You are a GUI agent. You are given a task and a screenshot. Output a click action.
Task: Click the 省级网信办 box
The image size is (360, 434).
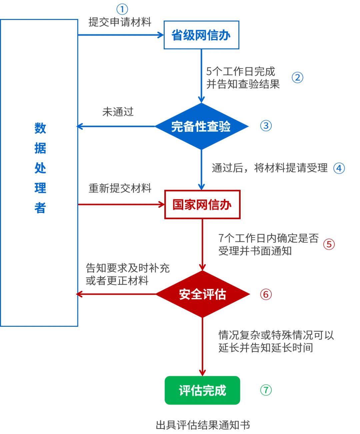click(201, 35)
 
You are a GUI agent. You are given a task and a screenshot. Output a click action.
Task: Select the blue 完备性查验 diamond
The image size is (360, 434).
click(201, 126)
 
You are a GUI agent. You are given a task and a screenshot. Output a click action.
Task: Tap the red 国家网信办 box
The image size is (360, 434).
click(202, 205)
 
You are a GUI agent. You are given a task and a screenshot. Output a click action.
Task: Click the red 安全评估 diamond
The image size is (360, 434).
click(202, 294)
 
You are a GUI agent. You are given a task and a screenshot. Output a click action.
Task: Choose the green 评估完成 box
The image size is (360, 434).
click(202, 390)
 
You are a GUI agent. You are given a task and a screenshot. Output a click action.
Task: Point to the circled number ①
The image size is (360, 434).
click(122, 9)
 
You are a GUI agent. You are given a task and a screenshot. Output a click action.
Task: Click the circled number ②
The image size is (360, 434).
click(297, 78)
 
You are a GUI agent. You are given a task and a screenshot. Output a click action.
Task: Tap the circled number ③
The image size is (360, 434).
click(266, 126)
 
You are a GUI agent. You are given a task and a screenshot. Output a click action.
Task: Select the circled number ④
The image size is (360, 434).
click(339, 168)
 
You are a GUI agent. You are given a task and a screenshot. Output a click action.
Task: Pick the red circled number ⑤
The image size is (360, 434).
click(329, 244)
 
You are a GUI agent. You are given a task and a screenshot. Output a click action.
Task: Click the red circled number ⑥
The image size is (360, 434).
click(266, 294)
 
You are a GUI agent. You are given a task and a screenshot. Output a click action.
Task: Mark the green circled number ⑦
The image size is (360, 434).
click(266, 390)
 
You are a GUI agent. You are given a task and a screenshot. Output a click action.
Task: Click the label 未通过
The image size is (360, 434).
click(118, 112)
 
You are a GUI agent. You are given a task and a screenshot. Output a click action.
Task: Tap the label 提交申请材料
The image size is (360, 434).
click(120, 22)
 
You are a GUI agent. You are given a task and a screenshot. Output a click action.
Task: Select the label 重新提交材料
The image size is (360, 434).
click(120, 189)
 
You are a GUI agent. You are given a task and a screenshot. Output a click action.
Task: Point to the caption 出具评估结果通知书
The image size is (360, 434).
click(203, 425)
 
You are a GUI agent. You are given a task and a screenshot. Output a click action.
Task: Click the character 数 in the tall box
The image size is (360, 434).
click(40, 128)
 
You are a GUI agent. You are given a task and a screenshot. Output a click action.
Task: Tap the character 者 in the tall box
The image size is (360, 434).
click(40, 208)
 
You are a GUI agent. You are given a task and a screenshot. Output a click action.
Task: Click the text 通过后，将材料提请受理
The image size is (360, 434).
click(270, 168)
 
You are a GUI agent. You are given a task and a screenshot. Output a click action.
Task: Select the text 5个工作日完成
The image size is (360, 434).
click(241, 71)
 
